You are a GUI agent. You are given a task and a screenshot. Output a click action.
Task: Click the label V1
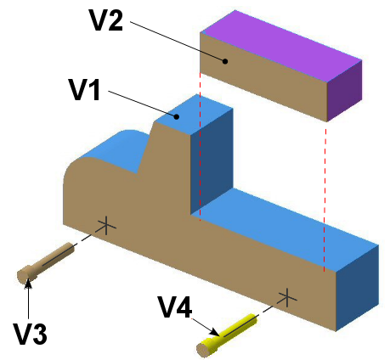pos(85,90)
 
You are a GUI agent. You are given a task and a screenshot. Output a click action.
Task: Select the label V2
pos(107,20)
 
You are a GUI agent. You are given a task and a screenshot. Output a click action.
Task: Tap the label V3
pos(31,334)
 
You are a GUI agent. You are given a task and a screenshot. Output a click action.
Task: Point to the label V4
pos(175,307)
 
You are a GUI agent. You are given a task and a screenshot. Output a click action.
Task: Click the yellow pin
pos(228,335)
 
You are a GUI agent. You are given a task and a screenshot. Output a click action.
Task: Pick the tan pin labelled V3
pos(45,262)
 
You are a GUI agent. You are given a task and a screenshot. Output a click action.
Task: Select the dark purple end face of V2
pos(345,91)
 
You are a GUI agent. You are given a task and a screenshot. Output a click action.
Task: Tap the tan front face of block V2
pos(263,77)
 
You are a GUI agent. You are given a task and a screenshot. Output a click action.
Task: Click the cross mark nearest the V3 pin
pos(106,226)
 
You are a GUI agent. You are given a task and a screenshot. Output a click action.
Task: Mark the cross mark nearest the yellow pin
pos(287,298)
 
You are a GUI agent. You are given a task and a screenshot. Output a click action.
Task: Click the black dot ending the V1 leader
pos(177,116)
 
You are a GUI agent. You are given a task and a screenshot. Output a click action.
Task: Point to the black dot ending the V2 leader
pos(225,61)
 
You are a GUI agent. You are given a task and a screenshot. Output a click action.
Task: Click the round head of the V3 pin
pos(24,275)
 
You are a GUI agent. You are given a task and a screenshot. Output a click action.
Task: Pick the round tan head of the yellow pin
pos(203,351)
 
